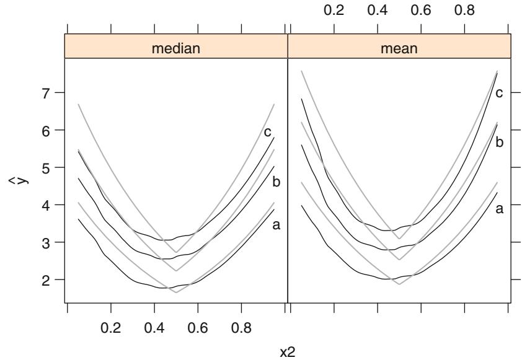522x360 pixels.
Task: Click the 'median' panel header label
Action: [x=176, y=47]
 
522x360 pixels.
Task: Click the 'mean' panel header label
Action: [x=399, y=47]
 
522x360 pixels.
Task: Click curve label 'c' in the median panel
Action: [x=267, y=131]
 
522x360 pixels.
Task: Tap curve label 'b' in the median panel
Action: [x=276, y=182]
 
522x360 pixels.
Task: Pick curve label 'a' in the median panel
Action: [x=276, y=225]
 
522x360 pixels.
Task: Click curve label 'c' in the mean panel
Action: [x=498, y=93]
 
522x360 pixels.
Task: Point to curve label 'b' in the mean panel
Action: [x=498, y=142]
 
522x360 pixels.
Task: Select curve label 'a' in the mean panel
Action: [x=498, y=209]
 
